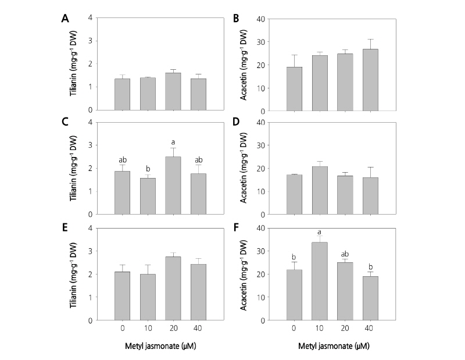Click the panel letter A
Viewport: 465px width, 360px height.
[66, 17]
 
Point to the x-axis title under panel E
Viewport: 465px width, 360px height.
[161, 347]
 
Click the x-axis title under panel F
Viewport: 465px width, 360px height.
[326, 347]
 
